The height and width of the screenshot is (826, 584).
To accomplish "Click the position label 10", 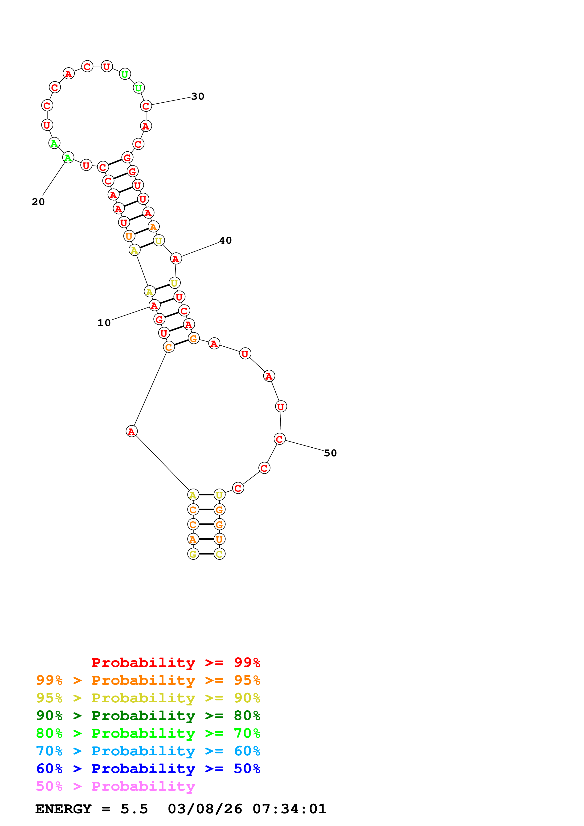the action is tap(104, 323).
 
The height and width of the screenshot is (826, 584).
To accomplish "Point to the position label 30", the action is tap(198, 96).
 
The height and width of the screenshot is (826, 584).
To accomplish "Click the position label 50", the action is tap(330, 453).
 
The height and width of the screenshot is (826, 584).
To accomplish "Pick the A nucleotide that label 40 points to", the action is tap(176, 259).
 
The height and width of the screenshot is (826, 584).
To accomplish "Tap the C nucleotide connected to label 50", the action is tap(280, 439).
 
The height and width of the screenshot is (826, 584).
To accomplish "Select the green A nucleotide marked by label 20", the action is tap(68, 158).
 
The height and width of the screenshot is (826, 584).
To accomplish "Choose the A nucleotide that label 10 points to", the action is tap(154, 305).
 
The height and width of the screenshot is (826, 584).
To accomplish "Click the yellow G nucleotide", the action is tap(193, 554).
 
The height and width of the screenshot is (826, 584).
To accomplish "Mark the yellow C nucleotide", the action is tap(220, 554).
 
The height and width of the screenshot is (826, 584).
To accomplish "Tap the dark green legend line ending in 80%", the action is tap(148, 716).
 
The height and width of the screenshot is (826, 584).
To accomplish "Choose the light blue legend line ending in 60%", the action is tap(148, 751).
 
